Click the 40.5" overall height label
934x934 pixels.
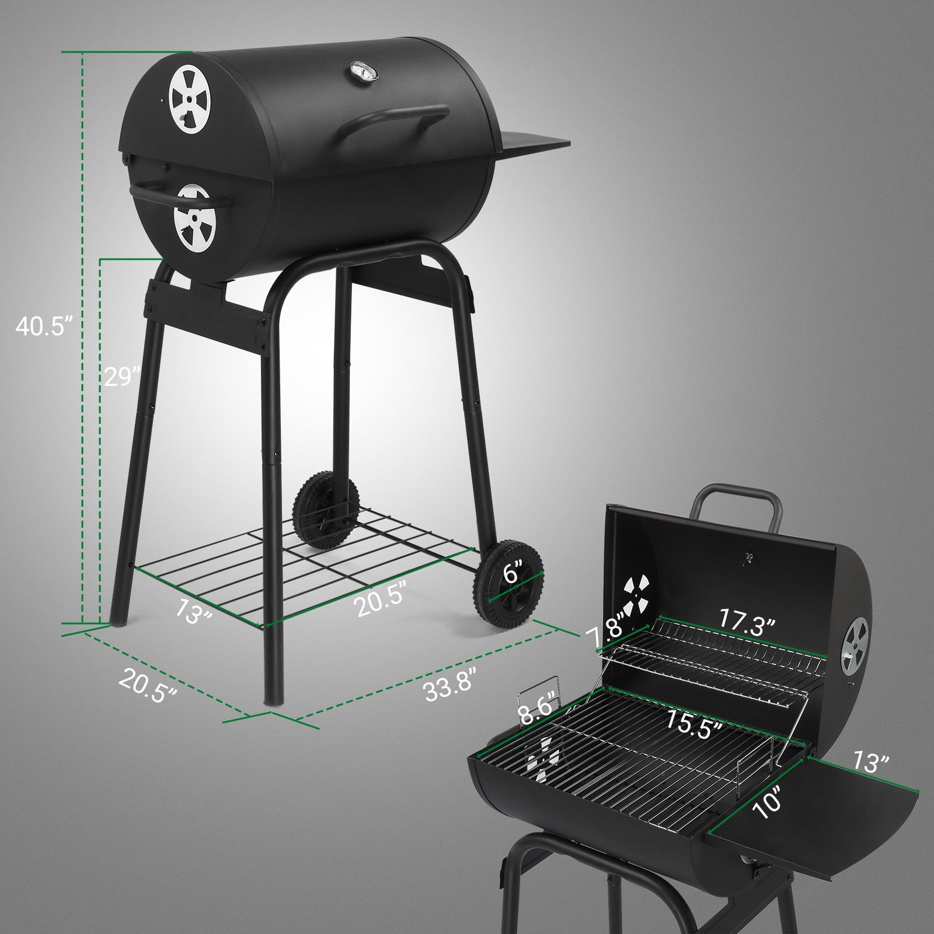(44, 326)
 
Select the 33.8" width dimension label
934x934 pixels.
(450, 679)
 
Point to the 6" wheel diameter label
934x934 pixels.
(511, 575)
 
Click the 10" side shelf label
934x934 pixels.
(765, 801)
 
